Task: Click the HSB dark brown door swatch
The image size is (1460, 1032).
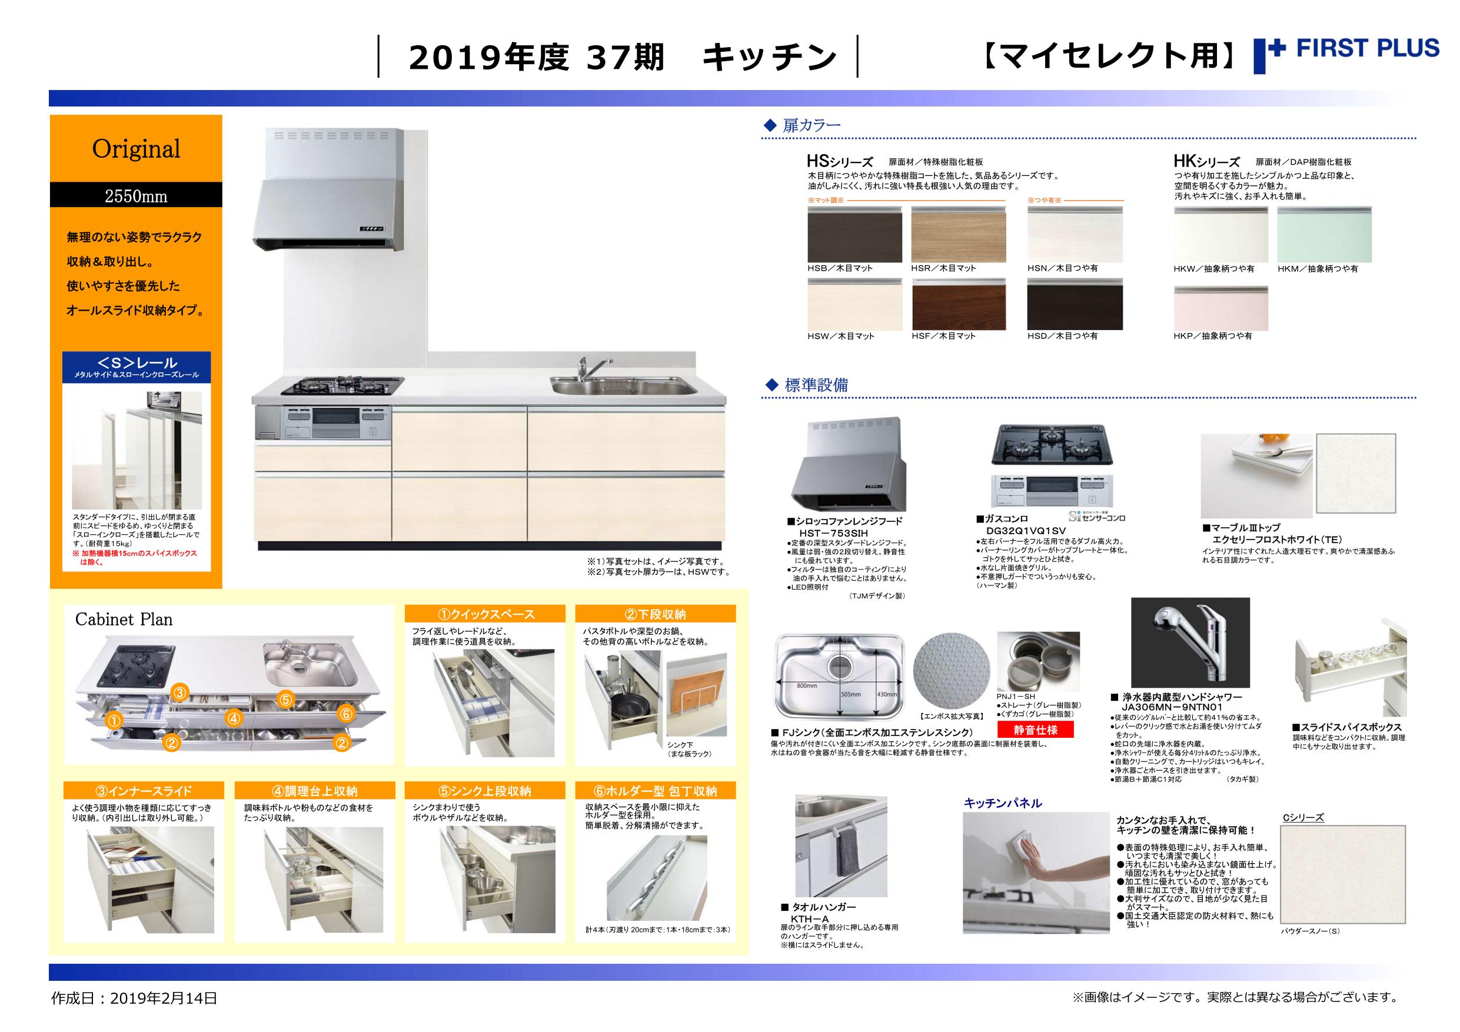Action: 854,234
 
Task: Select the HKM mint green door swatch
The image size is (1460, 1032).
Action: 1324,234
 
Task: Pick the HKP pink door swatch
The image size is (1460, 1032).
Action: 1221,308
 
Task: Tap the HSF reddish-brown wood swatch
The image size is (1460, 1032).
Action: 959,305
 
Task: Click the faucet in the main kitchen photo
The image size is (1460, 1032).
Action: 585,370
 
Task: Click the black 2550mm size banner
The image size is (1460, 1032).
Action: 136,195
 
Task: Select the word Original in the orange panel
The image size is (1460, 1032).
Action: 136,149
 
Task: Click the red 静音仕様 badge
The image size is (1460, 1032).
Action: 1035,730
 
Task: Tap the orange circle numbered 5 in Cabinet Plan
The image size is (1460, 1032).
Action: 285,700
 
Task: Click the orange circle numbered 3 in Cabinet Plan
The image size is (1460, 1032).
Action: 180,693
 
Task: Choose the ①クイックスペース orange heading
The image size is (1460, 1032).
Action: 485,614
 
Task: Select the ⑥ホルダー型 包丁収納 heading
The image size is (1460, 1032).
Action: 656,790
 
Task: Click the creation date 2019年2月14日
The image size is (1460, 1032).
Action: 165,998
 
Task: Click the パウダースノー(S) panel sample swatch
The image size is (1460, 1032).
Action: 1343,874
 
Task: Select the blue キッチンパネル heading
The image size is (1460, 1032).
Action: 1003,803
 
